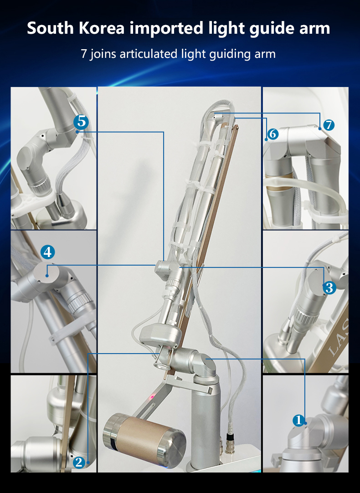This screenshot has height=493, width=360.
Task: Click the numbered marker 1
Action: point(298,420)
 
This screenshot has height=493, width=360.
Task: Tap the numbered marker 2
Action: point(79,462)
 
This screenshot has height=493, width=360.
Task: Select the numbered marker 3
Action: point(329,288)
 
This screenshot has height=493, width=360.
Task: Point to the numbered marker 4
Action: point(48,252)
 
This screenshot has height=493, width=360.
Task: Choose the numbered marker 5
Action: point(81,122)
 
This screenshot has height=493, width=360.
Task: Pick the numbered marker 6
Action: point(273,134)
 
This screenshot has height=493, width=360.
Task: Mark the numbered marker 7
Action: point(329,124)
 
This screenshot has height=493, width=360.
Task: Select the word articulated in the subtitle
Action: point(147,54)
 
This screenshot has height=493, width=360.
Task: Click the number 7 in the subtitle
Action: point(83,54)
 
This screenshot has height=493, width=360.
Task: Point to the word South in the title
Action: point(49,28)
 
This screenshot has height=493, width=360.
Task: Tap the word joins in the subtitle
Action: point(103,54)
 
